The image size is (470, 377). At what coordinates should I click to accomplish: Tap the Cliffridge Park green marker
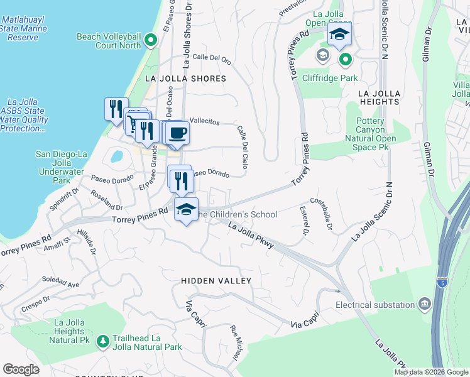click(x=345, y=60)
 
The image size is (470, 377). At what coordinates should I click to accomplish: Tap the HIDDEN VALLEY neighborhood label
click(x=216, y=281)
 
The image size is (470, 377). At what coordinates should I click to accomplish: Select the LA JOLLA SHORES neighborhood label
click(x=185, y=79)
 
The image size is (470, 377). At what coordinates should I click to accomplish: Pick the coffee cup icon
click(x=178, y=133)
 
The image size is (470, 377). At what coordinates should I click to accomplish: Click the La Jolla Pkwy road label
click(x=251, y=236)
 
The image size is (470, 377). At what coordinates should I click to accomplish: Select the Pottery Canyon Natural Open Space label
click(x=376, y=134)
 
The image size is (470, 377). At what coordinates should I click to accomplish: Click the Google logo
click(x=21, y=369)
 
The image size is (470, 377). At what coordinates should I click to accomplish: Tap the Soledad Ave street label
click(x=60, y=281)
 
